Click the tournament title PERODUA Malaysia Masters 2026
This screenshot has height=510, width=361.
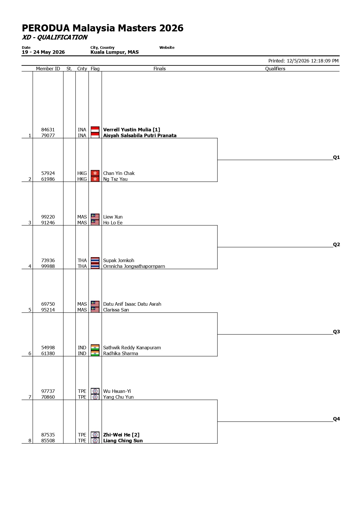(x=103, y=28)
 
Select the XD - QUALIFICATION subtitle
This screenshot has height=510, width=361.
(x=55, y=37)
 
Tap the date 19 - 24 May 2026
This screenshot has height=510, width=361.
(x=43, y=52)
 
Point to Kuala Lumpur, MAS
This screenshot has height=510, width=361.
(x=115, y=52)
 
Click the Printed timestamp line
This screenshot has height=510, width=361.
(x=303, y=61)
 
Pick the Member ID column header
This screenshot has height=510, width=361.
(x=48, y=69)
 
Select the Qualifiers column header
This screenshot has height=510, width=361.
(x=275, y=69)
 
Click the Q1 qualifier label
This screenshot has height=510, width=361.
(x=336, y=158)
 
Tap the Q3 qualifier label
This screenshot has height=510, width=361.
(x=336, y=332)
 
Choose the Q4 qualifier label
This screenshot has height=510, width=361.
(x=336, y=419)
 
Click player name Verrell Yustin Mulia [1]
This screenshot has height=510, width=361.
(x=131, y=130)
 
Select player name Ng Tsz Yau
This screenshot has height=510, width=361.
(x=115, y=179)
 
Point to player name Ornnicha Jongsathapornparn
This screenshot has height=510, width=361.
(x=134, y=266)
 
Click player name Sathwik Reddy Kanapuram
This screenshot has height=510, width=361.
(x=132, y=348)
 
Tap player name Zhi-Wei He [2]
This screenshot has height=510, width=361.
(x=121, y=435)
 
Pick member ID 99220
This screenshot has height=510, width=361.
(x=48, y=217)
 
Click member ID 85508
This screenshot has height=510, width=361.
(x=48, y=441)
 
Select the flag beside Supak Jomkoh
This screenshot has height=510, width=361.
(x=95, y=260)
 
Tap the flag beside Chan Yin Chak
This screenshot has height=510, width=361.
(x=95, y=173)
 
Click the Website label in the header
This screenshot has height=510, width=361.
(x=167, y=48)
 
